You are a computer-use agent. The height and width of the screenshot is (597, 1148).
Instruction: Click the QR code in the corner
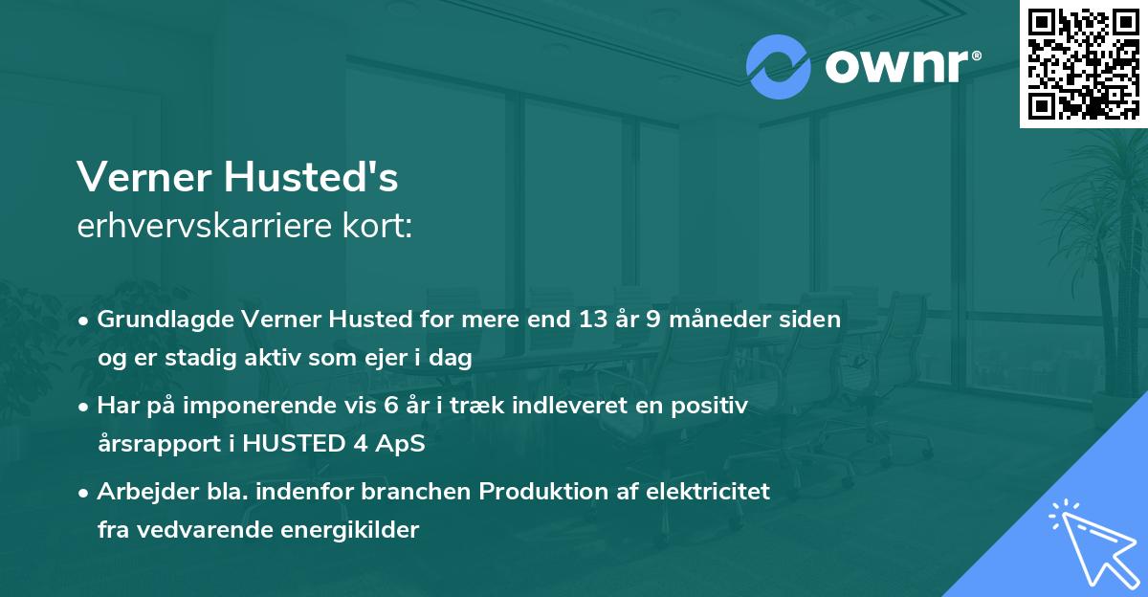point(1084,63)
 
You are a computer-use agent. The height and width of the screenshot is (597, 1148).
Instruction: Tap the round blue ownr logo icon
point(778,67)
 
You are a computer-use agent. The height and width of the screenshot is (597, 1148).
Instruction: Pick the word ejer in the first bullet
point(388,358)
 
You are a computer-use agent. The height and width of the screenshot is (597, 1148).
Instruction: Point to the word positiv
point(712,406)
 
